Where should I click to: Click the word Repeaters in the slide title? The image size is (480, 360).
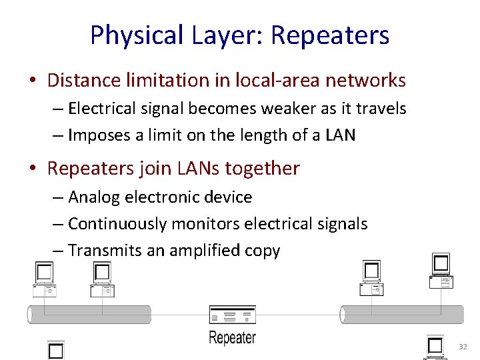330,35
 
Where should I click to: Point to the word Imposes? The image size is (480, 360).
100,135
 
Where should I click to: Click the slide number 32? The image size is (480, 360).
463,347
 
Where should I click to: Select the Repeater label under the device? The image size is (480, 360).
232,337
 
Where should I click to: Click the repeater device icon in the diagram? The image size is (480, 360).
232,315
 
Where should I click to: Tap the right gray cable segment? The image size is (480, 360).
402,315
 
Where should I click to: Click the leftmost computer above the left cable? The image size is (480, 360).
45,279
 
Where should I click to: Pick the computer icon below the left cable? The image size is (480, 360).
55,350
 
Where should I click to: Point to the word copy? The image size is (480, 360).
262,251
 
